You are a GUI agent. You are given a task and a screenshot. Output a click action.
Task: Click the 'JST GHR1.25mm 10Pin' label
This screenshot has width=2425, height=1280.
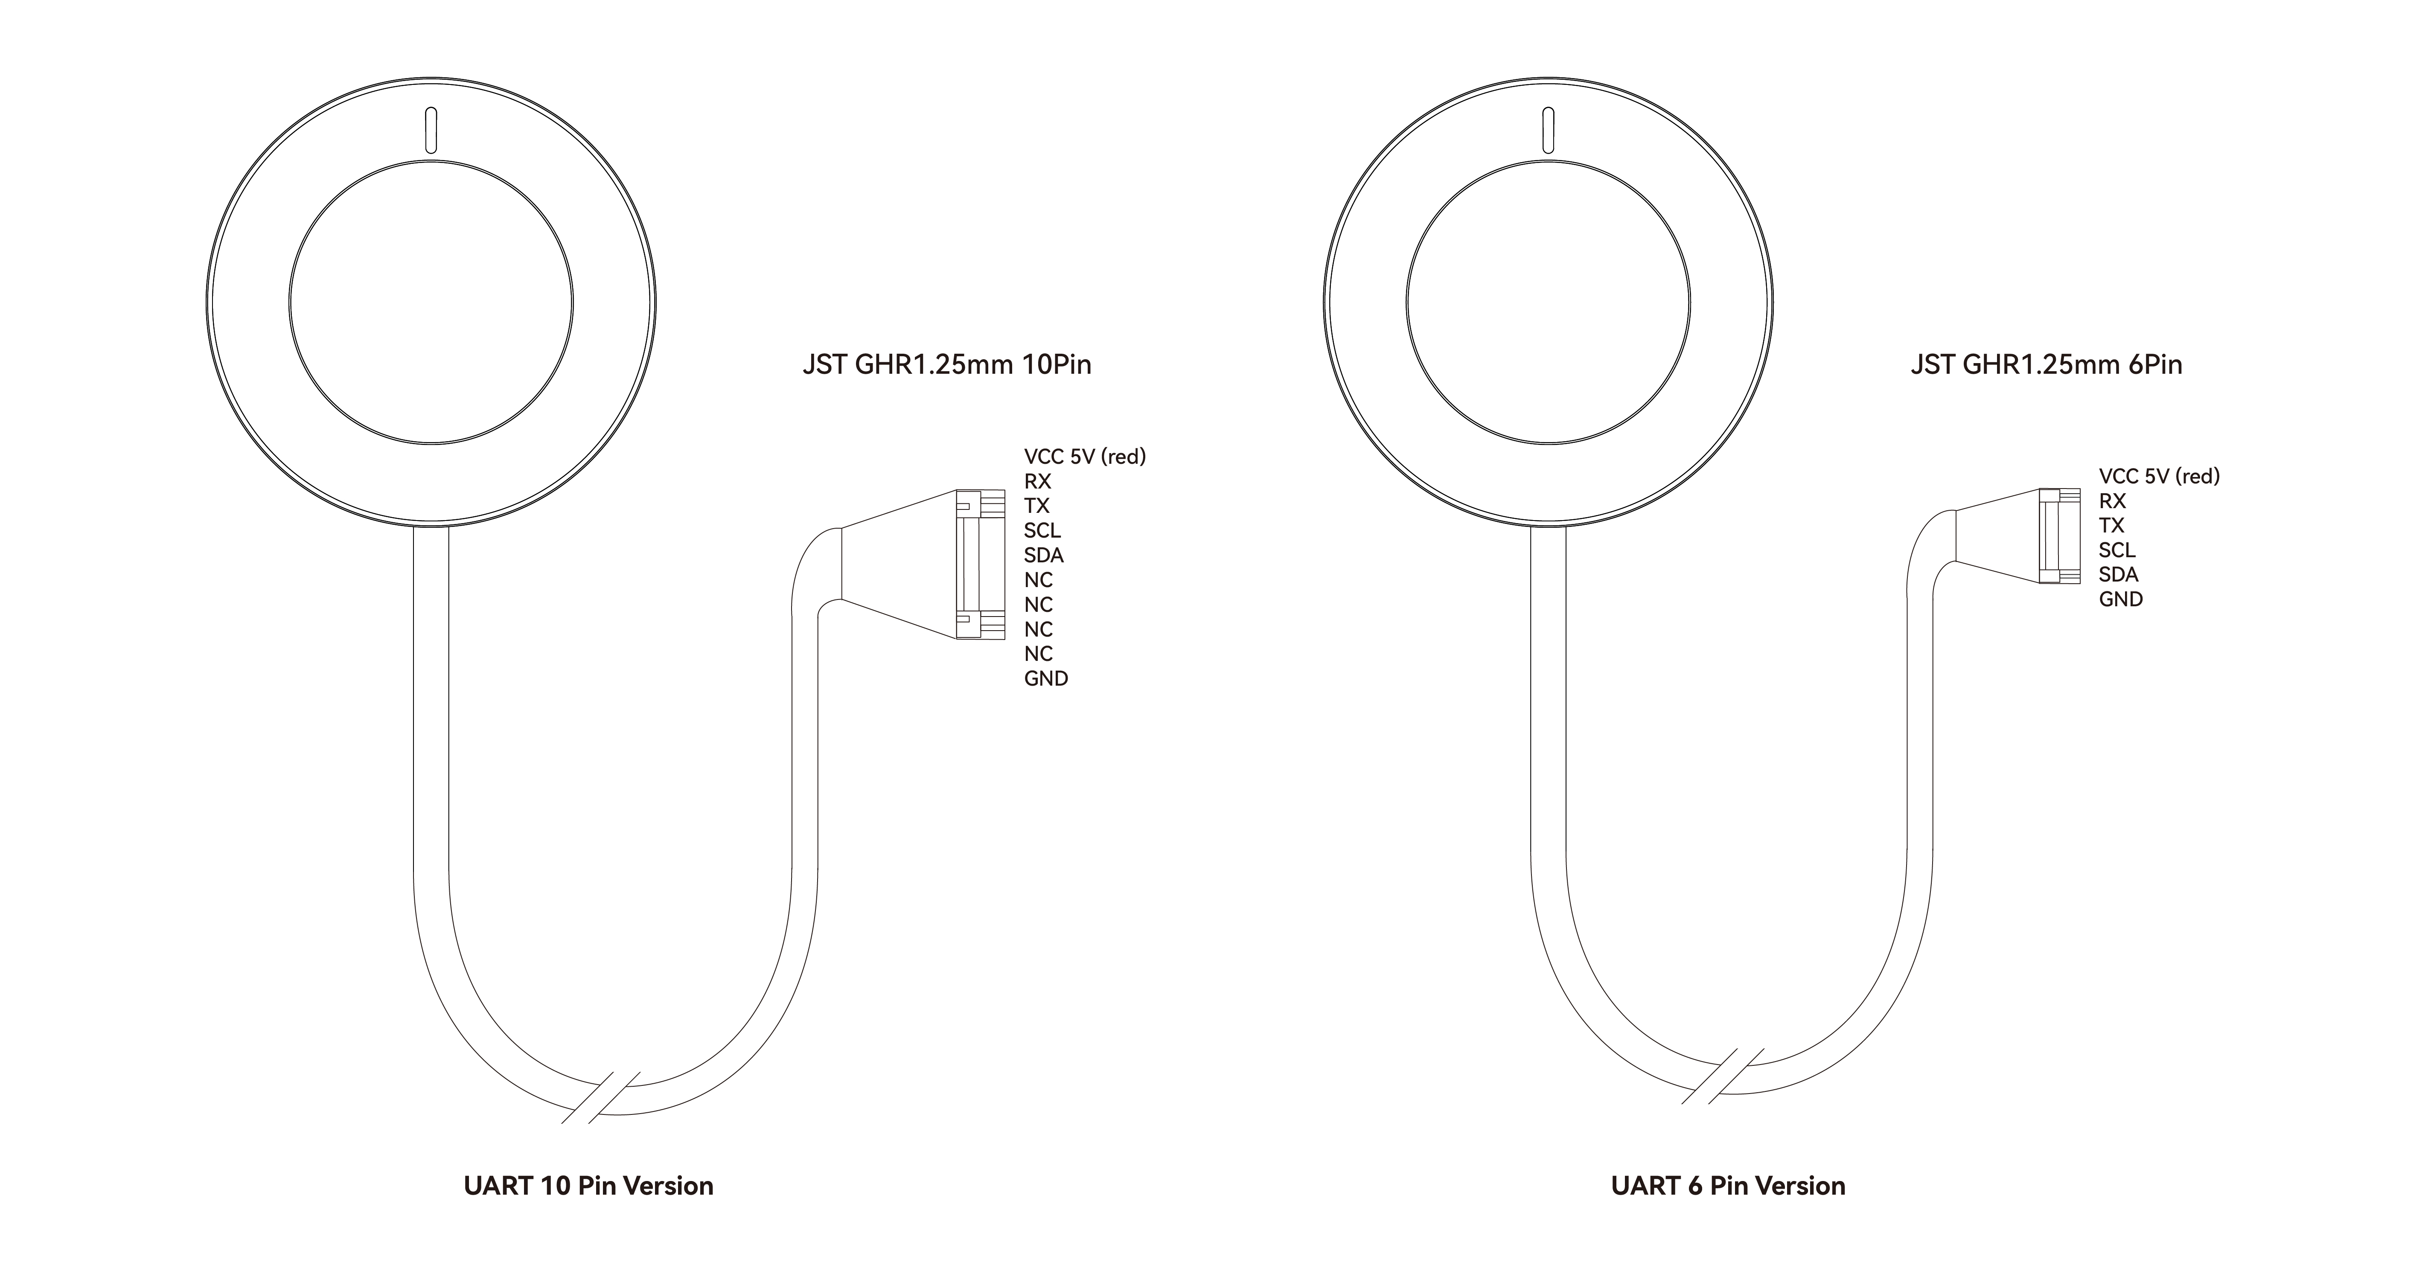pos(947,364)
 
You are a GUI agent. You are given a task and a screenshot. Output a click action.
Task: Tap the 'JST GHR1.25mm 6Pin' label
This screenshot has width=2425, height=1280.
pos(2047,364)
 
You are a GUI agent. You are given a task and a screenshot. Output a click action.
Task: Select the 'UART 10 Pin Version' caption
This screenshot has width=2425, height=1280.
pos(588,1186)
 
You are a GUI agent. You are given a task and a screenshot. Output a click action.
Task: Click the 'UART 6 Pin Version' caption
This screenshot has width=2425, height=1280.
pos(1728,1186)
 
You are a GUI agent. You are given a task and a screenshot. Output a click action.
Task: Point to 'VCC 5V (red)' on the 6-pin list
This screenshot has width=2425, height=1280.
pos(2160,476)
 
